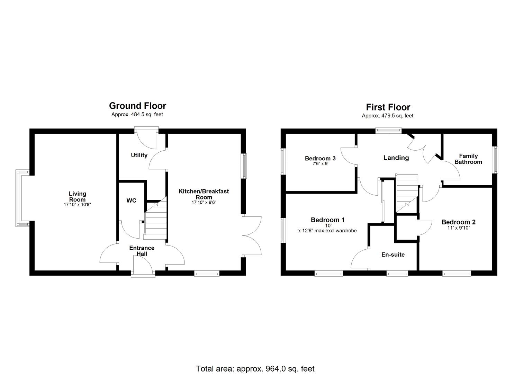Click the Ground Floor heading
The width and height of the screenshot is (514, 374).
[137, 106]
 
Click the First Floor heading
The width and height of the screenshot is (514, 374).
[388, 107]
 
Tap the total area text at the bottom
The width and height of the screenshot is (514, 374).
[255, 368]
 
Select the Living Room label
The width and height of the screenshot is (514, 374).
[77, 196]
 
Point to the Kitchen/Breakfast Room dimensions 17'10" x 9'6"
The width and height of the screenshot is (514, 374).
[204, 203]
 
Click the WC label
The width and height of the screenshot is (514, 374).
[131, 201]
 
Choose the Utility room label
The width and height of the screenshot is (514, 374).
[139, 155]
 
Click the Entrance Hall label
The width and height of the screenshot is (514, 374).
[142, 251]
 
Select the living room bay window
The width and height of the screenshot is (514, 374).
[20, 198]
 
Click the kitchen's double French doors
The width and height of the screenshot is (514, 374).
[252, 236]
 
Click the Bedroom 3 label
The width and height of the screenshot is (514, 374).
[320, 159]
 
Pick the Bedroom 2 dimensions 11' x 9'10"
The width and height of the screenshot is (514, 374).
[456, 228]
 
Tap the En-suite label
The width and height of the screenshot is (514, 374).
[393, 255]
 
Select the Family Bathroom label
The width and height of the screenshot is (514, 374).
[468, 159]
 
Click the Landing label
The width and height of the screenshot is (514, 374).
[396, 158]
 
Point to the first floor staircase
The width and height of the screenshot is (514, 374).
[407, 193]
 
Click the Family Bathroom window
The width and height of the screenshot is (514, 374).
[495, 160]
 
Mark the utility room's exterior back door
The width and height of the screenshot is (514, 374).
[146, 139]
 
